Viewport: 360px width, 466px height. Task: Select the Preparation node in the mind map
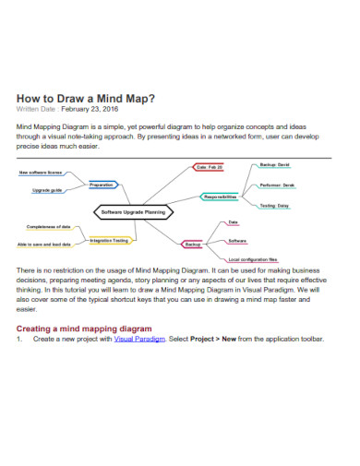(102, 185)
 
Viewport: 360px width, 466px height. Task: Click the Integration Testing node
(109, 240)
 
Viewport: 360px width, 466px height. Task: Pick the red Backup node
(193, 245)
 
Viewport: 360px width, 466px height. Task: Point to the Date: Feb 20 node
(208, 167)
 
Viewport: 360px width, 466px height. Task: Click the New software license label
(41, 173)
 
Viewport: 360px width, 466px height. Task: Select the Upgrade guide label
(47, 190)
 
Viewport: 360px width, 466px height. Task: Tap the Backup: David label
(274, 163)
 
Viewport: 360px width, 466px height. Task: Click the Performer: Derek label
(277, 185)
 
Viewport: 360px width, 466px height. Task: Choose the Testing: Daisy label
(274, 206)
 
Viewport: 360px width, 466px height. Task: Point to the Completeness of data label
(49, 226)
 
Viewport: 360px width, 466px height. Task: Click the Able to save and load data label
(44, 245)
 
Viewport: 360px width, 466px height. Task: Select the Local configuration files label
(252, 260)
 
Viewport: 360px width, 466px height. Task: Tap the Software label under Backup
(237, 240)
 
